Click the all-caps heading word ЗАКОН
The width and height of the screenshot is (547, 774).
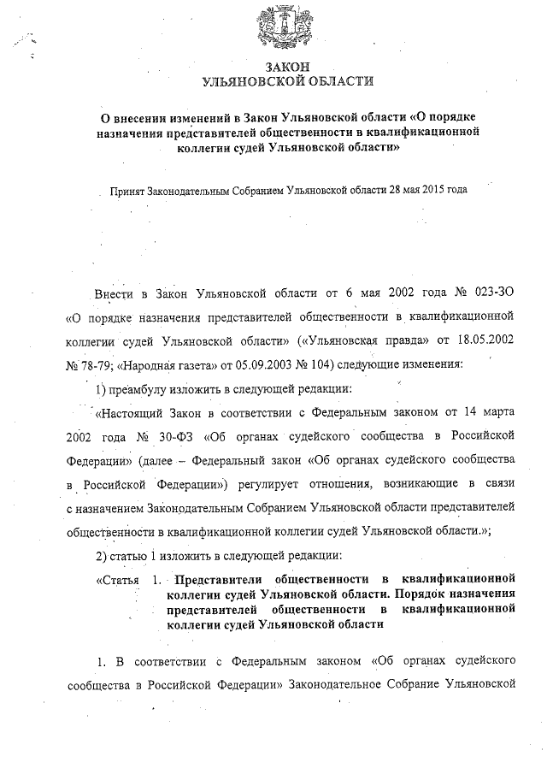[287, 67]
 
